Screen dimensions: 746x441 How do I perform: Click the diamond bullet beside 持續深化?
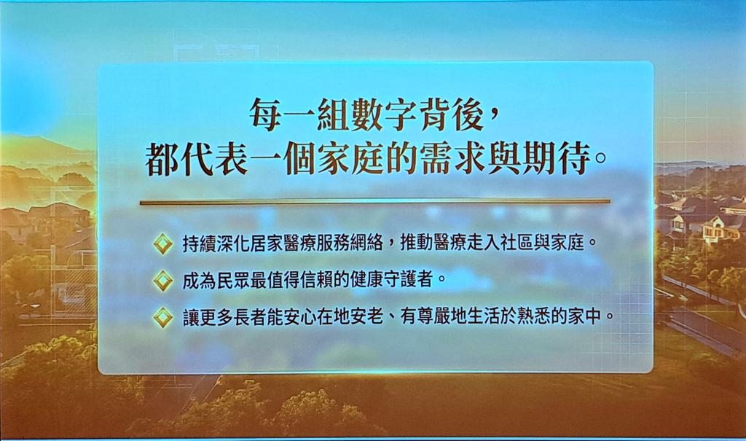163,244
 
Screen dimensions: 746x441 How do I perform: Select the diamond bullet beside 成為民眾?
163,280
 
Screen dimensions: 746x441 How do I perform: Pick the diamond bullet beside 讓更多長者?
163,316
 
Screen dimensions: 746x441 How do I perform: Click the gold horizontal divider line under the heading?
375,203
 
